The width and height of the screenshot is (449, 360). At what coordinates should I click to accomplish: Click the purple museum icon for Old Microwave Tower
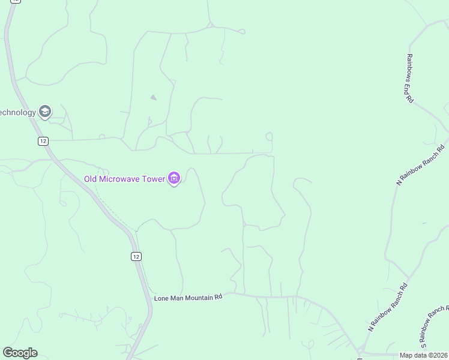click(x=174, y=178)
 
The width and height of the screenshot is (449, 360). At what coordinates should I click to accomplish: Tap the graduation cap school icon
click(x=44, y=111)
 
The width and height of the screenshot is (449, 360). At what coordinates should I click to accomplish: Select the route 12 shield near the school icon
click(x=43, y=141)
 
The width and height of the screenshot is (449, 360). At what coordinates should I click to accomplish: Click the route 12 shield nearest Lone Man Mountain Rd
click(x=136, y=256)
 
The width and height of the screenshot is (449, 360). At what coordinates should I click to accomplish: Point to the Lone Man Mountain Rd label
click(x=188, y=297)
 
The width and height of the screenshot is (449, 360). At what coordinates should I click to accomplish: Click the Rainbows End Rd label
click(x=409, y=78)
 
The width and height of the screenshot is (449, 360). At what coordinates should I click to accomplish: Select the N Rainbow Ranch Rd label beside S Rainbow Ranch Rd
click(x=388, y=308)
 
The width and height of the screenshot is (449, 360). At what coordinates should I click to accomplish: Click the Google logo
click(x=20, y=353)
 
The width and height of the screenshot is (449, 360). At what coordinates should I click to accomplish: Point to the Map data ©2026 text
click(x=424, y=355)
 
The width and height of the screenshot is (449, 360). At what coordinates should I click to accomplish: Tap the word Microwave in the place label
click(x=120, y=179)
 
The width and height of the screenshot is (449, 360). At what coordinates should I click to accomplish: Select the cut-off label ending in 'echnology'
click(x=17, y=112)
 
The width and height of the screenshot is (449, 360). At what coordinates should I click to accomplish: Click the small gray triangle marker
click(x=153, y=97)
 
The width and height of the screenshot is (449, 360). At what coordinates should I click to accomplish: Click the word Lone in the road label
click(x=161, y=297)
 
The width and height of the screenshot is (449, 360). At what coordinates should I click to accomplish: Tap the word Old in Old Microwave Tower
click(x=90, y=179)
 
